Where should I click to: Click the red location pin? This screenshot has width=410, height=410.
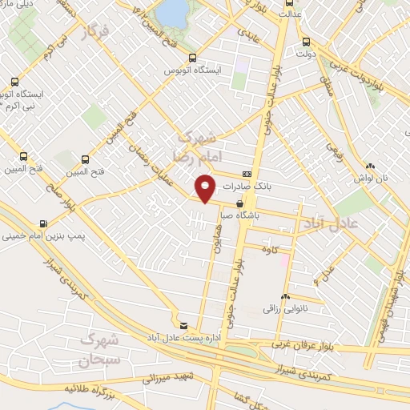(x=206, y=188)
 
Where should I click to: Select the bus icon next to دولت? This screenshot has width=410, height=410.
(x=305, y=42)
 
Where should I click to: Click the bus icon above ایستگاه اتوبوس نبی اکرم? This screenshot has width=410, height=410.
(x=14, y=81)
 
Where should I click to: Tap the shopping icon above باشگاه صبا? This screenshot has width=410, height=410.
(x=239, y=204)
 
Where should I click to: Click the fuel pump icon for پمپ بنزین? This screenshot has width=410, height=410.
(x=42, y=223)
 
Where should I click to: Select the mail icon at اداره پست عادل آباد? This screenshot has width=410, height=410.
(x=185, y=325)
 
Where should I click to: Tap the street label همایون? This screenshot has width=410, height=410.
(x=215, y=241)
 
